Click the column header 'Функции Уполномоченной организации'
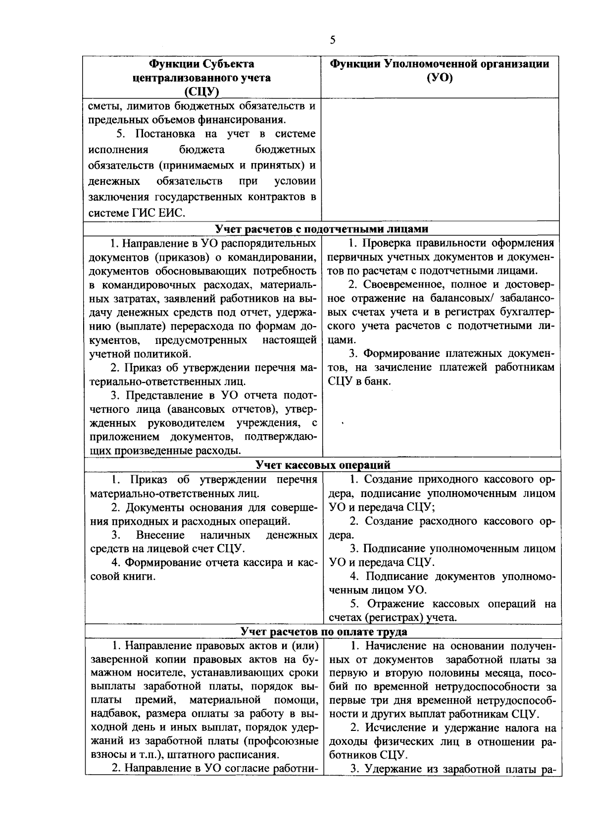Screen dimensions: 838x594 [440, 64]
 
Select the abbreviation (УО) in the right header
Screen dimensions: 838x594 [440, 78]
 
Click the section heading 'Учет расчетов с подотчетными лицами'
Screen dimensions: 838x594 [322, 228]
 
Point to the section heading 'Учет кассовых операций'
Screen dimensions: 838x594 [323, 464]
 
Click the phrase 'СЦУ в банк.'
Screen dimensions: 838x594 [359, 381]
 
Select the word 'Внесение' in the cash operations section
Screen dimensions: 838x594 [160, 535]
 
